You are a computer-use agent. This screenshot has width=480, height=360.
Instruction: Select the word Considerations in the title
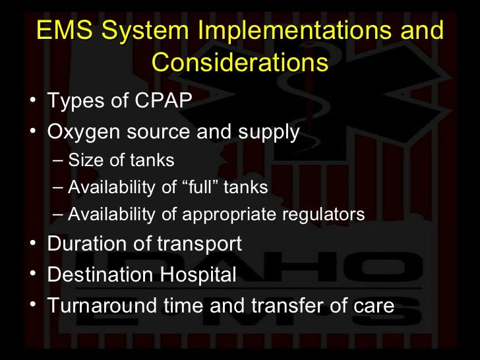(x=239, y=63)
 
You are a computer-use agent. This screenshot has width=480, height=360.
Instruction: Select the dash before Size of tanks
(x=58, y=160)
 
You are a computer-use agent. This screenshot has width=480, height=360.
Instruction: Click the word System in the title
(x=144, y=31)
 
